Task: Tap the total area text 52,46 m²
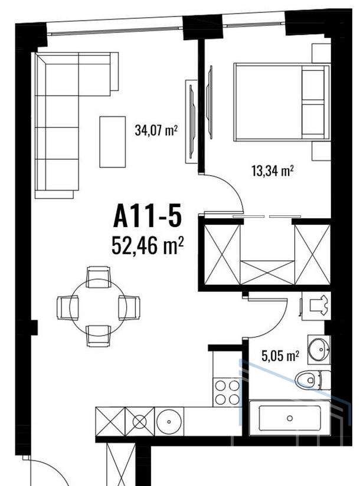point(148,245)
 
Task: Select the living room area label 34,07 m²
point(156,130)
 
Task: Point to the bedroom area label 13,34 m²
point(273,170)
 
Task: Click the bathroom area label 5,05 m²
point(280,356)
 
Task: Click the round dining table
point(98,307)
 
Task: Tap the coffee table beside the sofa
point(113,142)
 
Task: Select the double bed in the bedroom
point(282,102)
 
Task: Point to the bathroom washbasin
point(319,349)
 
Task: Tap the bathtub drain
point(290,418)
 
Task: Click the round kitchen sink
point(169,422)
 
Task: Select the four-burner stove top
point(227,392)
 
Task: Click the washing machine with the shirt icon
point(316,306)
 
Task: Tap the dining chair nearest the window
point(99,277)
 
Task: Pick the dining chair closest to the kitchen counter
point(99,336)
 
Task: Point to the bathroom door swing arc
point(277,327)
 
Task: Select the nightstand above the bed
point(321,53)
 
